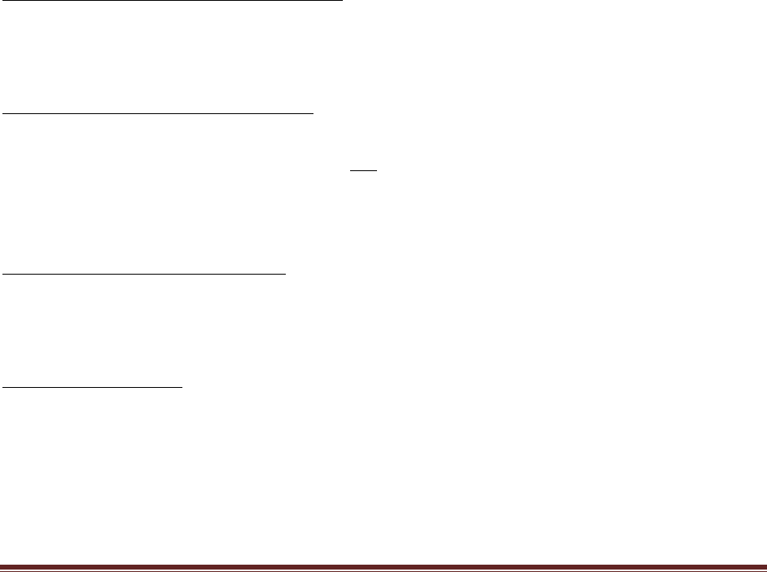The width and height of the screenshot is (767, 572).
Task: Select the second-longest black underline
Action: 159,114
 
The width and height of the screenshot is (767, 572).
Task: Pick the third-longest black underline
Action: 145,275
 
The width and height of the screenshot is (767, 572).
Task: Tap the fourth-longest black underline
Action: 93,388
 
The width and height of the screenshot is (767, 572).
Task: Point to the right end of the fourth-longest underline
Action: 182,388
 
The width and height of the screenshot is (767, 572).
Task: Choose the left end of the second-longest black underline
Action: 4,114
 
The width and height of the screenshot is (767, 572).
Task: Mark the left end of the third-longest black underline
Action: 4,275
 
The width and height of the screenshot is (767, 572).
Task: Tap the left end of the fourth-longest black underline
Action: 4,388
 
